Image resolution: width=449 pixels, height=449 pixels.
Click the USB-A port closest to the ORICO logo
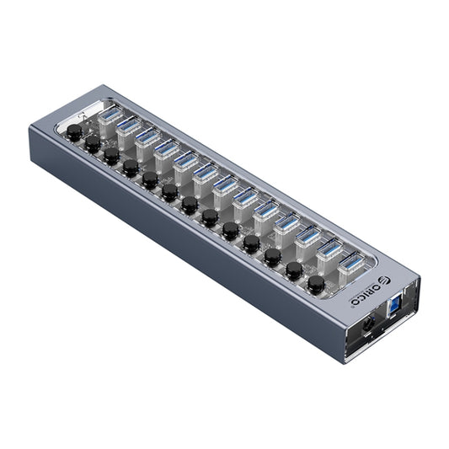[349, 262]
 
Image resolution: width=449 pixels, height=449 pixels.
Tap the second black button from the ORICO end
[293, 270]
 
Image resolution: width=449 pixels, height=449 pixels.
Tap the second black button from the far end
[93, 144]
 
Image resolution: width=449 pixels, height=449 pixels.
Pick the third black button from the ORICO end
[272, 256]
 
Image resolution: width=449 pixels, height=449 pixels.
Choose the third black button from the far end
[111, 156]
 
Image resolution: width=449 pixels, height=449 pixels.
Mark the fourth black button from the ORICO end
[251, 243]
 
